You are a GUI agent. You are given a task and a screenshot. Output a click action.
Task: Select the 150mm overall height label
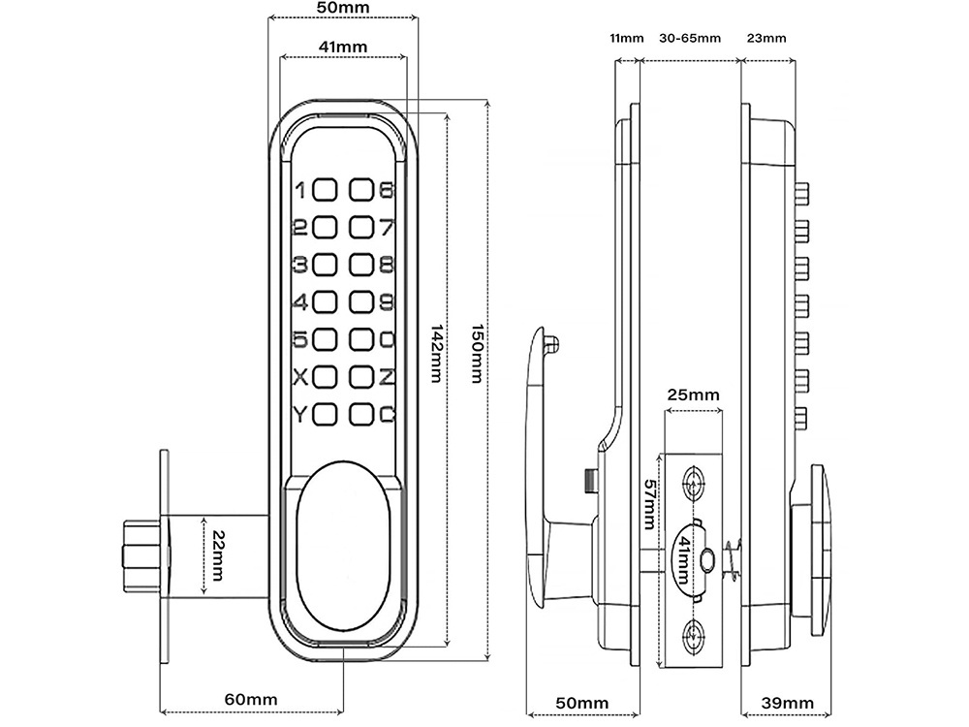point(475,352)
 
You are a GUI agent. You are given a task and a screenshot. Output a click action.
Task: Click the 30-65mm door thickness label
point(690,39)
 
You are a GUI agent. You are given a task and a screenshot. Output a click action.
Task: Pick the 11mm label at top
point(626,39)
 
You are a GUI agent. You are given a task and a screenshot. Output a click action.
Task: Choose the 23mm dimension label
point(767,39)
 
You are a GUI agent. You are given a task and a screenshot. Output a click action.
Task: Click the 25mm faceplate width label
point(693,395)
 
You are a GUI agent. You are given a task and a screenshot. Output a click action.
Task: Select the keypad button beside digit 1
point(326,190)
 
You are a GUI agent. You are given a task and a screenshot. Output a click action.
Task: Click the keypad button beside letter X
point(326,376)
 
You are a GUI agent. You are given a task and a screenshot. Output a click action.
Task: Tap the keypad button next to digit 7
point(362,228)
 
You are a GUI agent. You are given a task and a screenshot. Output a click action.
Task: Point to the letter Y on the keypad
point(299,414)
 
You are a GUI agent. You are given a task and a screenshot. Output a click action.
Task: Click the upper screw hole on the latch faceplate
point(694,482)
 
